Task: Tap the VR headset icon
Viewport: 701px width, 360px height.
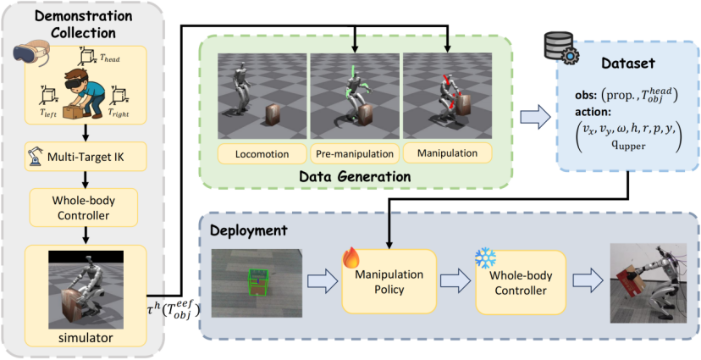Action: point(32,55)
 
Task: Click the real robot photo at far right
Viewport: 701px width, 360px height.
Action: point(647,281)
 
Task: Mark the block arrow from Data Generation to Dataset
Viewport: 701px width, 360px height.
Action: point(532,119)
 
